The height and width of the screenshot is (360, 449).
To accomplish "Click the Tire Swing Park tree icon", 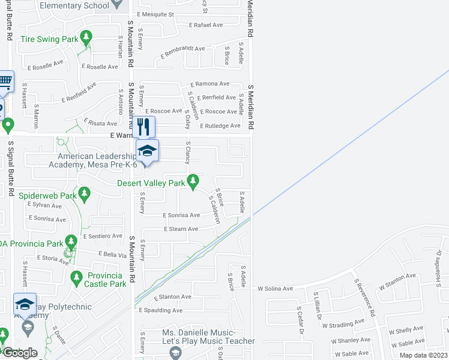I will click(87, 39).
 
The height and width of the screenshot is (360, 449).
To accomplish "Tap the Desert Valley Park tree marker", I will click(193, 180).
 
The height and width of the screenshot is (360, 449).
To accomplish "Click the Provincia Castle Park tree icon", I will click(76, 277).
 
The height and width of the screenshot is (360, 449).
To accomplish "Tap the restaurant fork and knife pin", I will click(143, 126).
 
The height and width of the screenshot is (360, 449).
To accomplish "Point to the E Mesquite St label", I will click(155, 14).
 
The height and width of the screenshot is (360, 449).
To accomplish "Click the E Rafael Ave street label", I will click(205, 25).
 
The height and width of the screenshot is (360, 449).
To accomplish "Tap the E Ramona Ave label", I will click(210, 84).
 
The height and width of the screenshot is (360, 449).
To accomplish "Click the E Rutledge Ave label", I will click(220, 125).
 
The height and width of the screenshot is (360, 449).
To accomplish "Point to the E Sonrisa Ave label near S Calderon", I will click(182, 215).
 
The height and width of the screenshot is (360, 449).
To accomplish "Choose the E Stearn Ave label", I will click(181, 229).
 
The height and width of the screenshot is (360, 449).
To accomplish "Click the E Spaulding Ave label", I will click(160, 310).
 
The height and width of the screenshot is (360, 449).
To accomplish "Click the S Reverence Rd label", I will click(364, 298).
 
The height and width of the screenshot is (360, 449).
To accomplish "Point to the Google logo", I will click(20, 353).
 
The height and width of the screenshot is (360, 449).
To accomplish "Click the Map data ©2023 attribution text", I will click(423, 355).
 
